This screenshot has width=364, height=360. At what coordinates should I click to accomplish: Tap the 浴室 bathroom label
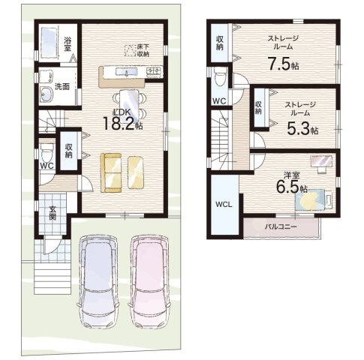[x=67, y=44]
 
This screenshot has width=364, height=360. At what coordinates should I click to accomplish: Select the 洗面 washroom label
[x=62, y=87]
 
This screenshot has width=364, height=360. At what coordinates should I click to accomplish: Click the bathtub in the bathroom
[x=49, y=43]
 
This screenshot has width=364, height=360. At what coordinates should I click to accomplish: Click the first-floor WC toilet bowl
[x=47, y=152]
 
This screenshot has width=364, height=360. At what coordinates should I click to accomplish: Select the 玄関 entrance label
[x=53, y=213]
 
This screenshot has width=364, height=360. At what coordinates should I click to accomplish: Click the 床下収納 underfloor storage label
[x=143, y=50]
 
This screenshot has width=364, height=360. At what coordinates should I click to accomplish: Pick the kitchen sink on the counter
[x=126, y=72]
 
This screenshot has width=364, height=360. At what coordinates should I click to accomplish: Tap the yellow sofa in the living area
[x=111, y=172]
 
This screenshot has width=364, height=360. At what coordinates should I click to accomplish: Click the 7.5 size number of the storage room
[x=279, y=64]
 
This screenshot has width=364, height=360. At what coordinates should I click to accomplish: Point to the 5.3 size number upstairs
[x=298, y=128]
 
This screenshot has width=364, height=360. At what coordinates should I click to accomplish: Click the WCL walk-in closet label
[x=224, y=205]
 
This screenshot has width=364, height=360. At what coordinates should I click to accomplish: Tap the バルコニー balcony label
[x=281, y=226]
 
